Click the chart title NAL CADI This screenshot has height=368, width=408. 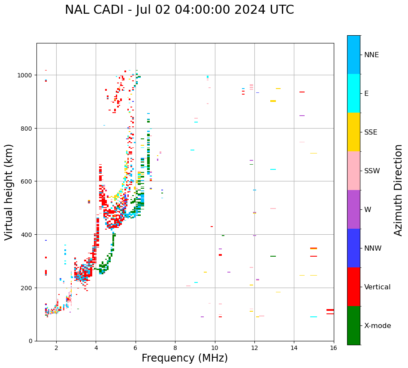tap(179, 10)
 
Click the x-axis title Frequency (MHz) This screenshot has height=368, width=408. tap(184, 358)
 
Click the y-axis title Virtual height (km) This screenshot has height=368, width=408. tap(9, 192)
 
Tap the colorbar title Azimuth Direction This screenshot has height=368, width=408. tap(399, 190)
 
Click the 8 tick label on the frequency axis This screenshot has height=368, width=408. tap(175, 348)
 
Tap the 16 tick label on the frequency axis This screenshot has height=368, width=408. tap(333, 348)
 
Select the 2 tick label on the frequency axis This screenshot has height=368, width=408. tap(56, 348)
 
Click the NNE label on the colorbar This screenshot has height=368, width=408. tap(372, 55)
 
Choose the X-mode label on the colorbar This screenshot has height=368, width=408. tap(378, 326)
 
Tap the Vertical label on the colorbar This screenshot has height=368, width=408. tap(378, 287)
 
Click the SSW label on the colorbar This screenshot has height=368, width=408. tap(372, 171)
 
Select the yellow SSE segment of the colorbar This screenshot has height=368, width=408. tap(354, 132)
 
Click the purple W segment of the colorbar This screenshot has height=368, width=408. tap(354, 209)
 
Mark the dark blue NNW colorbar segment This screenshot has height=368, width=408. tap(354, 248)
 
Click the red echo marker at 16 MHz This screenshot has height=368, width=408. tap(330, 310)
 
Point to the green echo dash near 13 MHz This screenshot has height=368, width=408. tap(273, 256)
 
